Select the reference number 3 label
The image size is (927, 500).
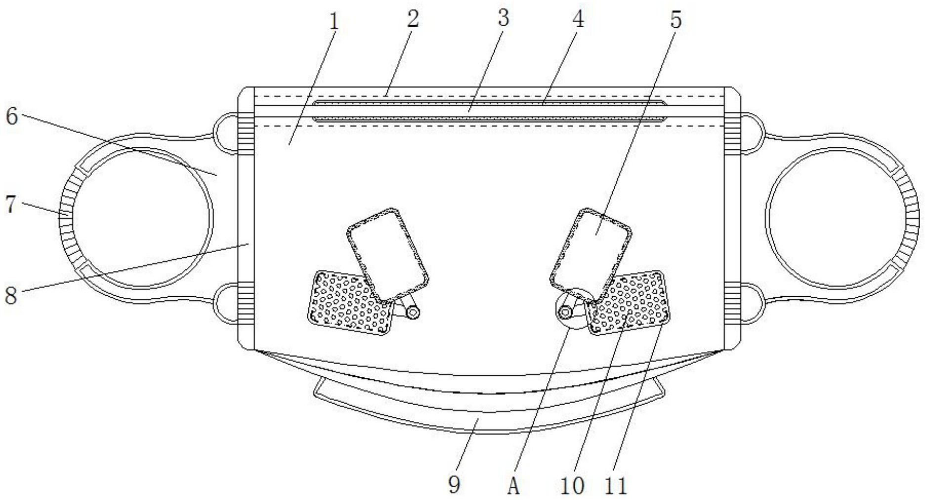503,19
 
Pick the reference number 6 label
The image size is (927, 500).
12,117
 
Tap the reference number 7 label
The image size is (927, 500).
11,204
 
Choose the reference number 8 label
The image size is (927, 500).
11,295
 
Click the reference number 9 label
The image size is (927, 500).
454,485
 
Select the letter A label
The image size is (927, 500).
514,486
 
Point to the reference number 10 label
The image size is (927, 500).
572,486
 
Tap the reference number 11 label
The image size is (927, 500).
616,486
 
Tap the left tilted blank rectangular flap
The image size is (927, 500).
387,255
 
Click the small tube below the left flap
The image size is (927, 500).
413,312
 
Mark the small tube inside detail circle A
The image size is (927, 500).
565,313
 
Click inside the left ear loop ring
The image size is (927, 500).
143,218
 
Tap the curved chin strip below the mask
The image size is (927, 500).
489,420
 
